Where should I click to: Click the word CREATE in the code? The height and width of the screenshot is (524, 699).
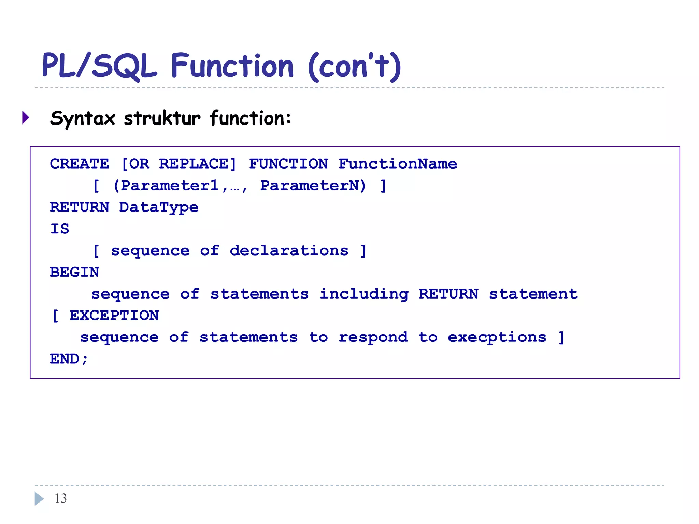click(79, 164)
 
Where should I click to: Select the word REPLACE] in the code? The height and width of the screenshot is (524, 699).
click(197, 164)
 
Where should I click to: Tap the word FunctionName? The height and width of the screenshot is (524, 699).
click(398, 164)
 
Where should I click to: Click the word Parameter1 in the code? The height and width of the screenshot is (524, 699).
click(170, 186)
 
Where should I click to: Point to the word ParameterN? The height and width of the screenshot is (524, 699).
click(313, 186)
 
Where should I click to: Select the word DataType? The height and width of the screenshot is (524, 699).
click(159, 207)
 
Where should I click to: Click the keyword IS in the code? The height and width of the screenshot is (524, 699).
click(60, 229)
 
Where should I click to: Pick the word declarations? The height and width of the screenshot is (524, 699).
click(289, 251)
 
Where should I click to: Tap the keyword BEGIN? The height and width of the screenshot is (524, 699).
click(74, 272)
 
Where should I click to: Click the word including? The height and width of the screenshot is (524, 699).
click(364, 294)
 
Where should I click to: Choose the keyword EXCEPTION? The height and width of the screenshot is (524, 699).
click(114, 316)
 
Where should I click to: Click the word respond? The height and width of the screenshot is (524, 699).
click(373, 337)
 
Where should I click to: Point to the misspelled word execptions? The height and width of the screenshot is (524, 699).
click(497, 337)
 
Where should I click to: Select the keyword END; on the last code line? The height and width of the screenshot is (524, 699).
click(69, 359)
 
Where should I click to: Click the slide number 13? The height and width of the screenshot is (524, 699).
click(61, 498)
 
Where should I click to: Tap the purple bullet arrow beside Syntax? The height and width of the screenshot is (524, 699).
click(26, 118)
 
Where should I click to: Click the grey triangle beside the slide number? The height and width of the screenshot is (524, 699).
click(39, 499)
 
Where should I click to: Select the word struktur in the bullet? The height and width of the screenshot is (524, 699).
click(162, 118)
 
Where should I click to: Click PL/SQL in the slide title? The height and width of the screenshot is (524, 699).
click(99, 66)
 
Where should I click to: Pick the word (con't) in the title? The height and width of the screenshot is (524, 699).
click(355, 67)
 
